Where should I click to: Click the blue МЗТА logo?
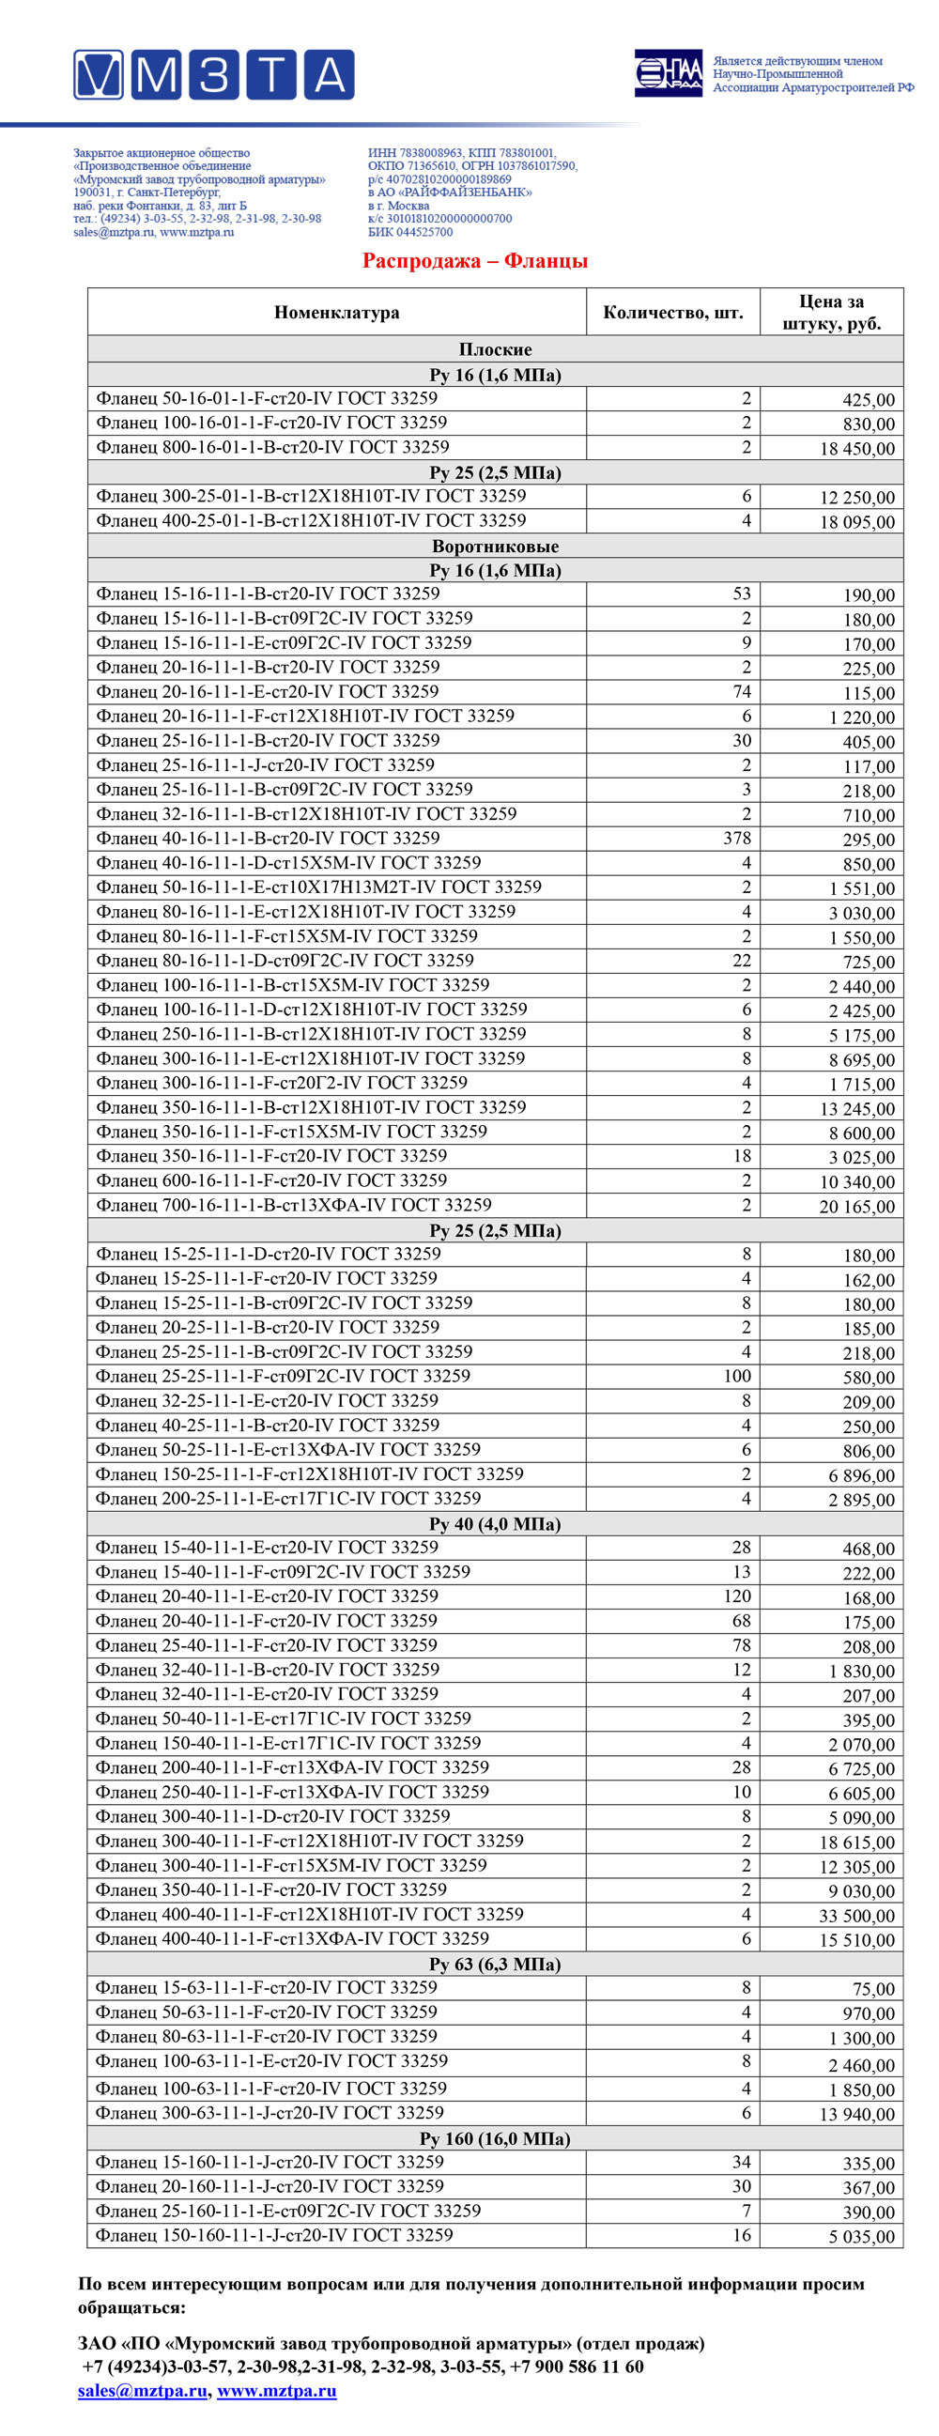point(214,75)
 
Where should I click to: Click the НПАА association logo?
point(668,73)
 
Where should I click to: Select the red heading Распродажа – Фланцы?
point(475,261)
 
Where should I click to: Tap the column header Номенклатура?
point(337,313)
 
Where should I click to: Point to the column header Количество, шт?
point(672,313)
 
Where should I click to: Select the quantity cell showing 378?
point(736,839)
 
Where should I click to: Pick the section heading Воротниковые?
point(495,547)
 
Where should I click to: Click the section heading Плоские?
point(495,350)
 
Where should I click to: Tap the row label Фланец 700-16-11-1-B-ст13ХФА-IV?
point(293,1205)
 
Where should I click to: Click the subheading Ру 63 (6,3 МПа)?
point(495,1965)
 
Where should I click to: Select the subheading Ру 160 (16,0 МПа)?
point(495,2138)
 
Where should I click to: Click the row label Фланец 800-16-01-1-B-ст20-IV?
point(272,447)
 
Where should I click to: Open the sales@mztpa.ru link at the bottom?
point(142,2391)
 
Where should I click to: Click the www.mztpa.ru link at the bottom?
point(276,2391)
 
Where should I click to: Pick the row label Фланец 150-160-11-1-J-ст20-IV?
point(274,2236)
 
